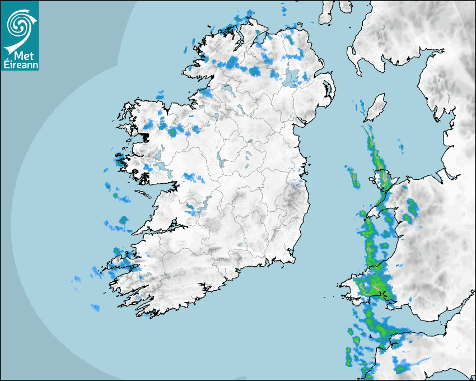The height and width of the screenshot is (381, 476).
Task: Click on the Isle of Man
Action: coord(376,107)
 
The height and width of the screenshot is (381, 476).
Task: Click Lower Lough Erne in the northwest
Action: coord(226,90)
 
